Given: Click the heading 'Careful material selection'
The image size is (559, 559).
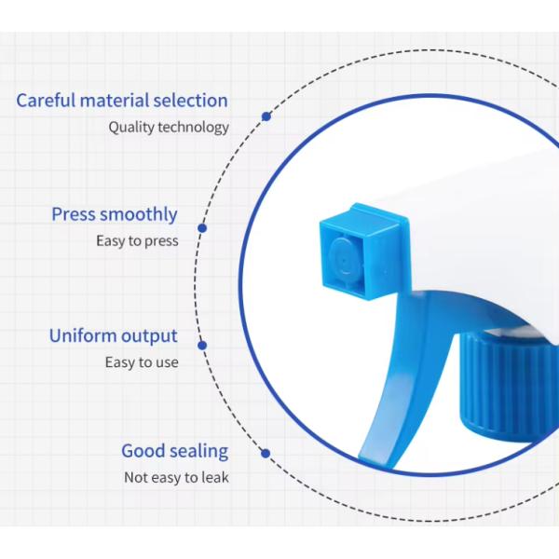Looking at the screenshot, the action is pyautogui.click(x=122, y=101).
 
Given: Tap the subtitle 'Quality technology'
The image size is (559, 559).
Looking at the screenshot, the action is pyautogui.click(x=169, y=128).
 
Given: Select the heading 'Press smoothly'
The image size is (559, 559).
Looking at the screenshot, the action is pyautogui.click(x=114, y=214).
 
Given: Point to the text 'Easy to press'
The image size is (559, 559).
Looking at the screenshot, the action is pyautogui.click(x=137, y=241).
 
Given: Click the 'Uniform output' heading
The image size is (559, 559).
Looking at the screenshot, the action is pyautogui.click(x=113, y=336).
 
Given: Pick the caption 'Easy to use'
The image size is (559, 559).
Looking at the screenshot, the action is pyautogui.click(x=142, y=362).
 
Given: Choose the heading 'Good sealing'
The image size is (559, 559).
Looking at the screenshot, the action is pyautogui.click(x=174, y=451).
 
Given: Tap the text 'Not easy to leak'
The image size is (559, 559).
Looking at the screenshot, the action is pyautogui.click(x=176, y=478).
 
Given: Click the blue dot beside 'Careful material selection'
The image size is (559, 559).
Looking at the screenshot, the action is pyautogui.click(x=266, y=116).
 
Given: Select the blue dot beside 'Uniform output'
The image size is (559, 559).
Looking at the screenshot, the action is pyautogui.click(x=202, y=346).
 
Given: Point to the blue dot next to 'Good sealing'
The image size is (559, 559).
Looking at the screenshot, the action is pyautogui.click(x=266, y=454).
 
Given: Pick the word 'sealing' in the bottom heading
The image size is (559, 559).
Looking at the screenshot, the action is pyautogui.click(x=198, y=452).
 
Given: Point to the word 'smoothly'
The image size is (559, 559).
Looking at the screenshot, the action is pyautogui.click(x=139, y=215).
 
